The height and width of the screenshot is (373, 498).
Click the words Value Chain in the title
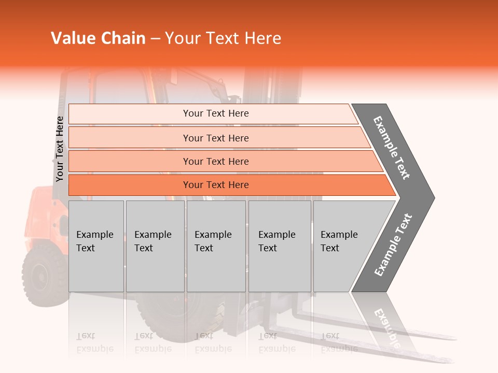coord(98,38)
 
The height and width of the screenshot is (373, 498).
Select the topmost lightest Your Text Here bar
coord(215,113)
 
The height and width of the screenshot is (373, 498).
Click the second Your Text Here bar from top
coord(215,138)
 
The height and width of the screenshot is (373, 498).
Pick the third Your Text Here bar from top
coord(215,161)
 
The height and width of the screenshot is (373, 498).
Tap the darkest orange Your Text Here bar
coord(215,185)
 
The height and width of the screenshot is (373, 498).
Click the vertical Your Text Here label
coord(60,149)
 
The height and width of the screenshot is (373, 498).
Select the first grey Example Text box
coord(96,246)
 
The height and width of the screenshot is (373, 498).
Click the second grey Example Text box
coord(155,246)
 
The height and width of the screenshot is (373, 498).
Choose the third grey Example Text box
coord(216,246)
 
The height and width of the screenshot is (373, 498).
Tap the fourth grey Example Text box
coord(279,246)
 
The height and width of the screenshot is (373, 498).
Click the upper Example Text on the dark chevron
coord(392,148)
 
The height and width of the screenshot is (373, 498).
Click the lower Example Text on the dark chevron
coord(393,245)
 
